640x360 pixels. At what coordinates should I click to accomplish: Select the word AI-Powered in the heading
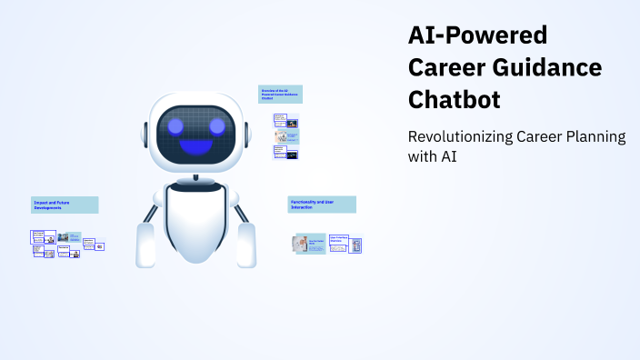477,36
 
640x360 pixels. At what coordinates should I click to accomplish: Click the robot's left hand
145,245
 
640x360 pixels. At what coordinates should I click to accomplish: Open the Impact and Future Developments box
64,205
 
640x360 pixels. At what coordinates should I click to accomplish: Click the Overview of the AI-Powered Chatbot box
279,95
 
